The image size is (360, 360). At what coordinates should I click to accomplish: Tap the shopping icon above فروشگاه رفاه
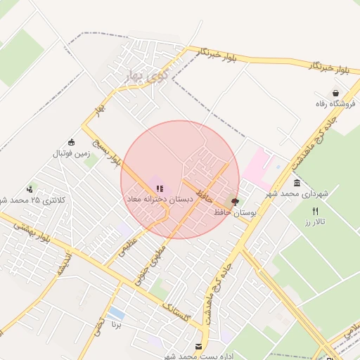coord(336,93)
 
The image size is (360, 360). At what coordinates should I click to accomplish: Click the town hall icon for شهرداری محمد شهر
coord(297,183)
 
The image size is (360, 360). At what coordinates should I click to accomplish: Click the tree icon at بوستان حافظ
coord(234,202)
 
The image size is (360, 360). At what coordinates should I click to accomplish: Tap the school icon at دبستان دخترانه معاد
coord(160,188)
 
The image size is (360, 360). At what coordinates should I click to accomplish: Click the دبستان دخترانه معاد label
coord(159,200)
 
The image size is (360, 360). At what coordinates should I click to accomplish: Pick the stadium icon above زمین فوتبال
coord(70,141)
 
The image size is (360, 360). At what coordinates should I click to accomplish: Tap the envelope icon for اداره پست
coord(199,345)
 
